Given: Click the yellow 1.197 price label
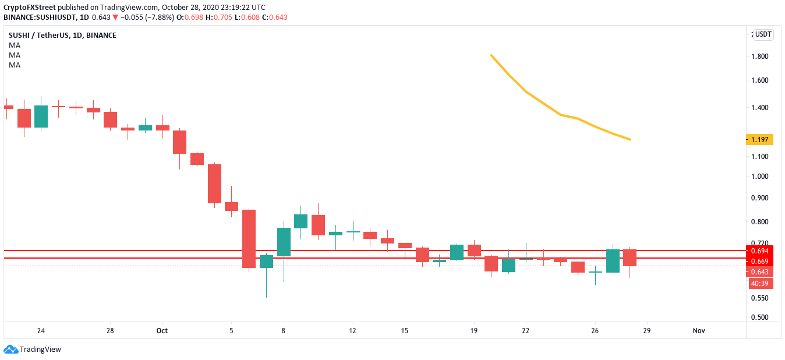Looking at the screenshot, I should pos(759,140).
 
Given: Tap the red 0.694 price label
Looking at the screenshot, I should pos(759,250).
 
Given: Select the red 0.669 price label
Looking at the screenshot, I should pos(759,261).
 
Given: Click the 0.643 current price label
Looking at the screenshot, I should pos(759,272).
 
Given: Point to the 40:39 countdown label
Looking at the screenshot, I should pos(759,284).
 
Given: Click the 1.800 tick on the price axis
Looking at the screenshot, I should pos(759,57).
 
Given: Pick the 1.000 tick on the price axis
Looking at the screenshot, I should pos(759,177).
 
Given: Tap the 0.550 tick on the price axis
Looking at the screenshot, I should pos(759,298).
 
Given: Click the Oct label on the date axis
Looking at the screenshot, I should pos(162,331).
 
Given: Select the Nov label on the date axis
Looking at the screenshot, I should pos(699,331).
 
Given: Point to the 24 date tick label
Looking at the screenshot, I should pos(40,331).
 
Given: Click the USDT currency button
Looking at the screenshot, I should pos(763,34).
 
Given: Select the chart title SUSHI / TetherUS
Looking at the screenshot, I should pos(37,36).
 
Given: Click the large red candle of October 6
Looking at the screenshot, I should pos(249,239).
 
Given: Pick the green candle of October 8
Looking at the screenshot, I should pos(284,242).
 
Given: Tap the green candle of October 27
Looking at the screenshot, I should pos(613,261).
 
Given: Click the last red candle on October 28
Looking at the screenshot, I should pos(630,257).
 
